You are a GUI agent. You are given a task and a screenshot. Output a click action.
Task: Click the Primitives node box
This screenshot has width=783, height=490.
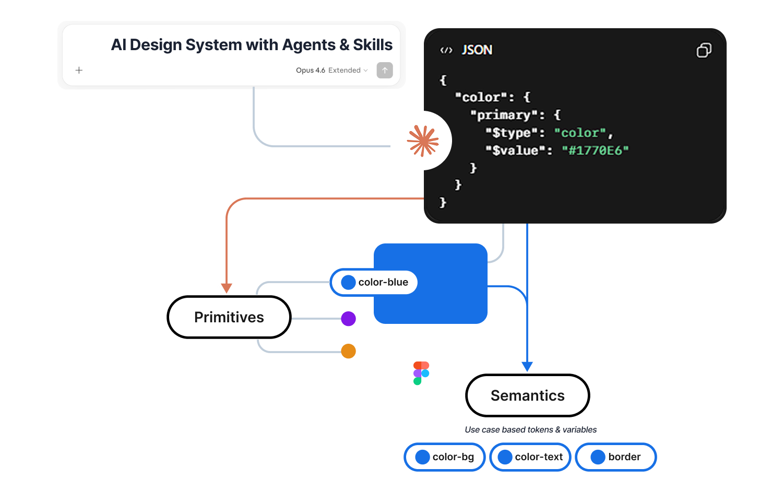pyautogui.click(x=229, y=317)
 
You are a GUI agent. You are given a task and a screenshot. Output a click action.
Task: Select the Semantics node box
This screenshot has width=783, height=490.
pyautogui.click(x=527, y=395)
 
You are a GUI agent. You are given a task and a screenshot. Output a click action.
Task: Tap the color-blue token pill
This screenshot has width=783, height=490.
pyautogui.click(x=374, y=283)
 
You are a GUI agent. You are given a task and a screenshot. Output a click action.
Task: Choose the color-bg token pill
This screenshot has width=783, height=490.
pyautogui.click(x=445, y=457)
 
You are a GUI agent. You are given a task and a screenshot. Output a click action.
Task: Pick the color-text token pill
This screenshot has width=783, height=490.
pyautogui.click(x=530, y=457)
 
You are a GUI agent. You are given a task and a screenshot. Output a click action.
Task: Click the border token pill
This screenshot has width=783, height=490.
pyautogui.click(x=615, y=457)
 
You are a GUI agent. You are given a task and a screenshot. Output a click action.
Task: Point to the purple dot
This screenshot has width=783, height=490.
pyautogui.click(x=348, y=319)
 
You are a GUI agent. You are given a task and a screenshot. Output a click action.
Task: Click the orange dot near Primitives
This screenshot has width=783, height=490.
pyautogui.click(x=348, y=351)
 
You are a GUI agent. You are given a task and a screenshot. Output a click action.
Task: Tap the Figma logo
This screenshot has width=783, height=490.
pyautogui.click(x=421, y=373)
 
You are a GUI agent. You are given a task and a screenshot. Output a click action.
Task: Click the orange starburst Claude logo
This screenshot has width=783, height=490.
pyautogui.click(x=423, y=141)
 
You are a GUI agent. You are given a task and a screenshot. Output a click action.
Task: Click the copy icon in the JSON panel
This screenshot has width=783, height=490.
pyautogui.click(x=704, y=50)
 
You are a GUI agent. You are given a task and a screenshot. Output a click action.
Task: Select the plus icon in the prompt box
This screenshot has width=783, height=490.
pyautogui.click(x=79, y=70)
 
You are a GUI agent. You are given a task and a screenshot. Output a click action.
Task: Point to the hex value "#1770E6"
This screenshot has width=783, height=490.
pyautogui.click(x=595, y=150)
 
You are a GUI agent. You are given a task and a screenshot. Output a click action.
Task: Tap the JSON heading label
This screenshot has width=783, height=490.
pyautogui.click(x=477, y=50)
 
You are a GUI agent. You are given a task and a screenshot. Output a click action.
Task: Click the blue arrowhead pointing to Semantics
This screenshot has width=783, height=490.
pyautogui.click(x=527, y=366)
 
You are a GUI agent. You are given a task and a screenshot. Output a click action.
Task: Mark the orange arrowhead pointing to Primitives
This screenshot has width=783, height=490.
pyautogui.click(x=227, y=288)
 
